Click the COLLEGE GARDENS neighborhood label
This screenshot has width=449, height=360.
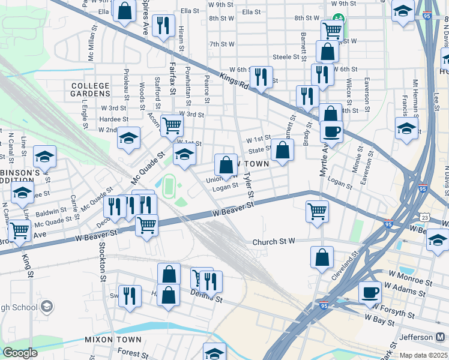tap(90, 89)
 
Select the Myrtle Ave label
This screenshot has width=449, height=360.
tap(323, 161)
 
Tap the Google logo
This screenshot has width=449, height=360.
tap(20, 353)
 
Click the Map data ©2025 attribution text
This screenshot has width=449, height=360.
tap(424, 355)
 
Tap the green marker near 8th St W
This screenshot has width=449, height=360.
tap(338, 19)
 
